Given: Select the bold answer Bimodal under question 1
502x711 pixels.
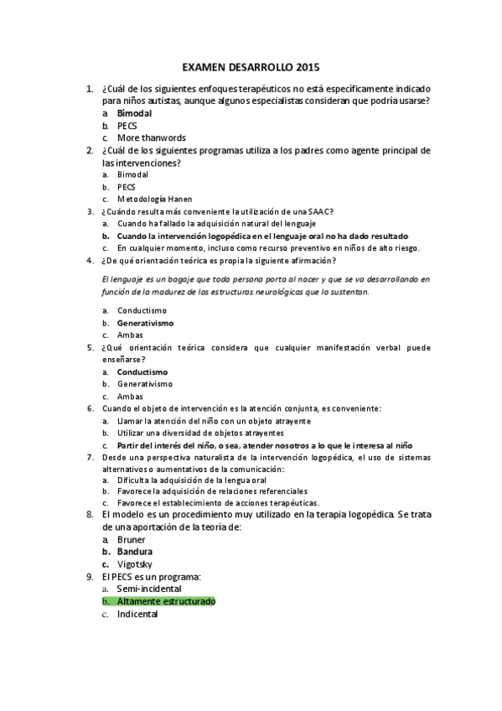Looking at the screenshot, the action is (x=135, y=112).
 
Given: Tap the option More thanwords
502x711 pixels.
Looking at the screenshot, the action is (x=151, y=138).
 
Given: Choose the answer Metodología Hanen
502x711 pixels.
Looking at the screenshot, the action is (x=154, y=200).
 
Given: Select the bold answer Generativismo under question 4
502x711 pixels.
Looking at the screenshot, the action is (x=145, y=323).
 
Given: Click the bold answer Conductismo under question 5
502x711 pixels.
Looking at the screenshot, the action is (x=142, y=371).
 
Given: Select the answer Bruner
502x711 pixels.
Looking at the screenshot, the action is (x=132, y=540).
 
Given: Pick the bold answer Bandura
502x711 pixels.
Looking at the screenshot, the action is (x=134, y=553).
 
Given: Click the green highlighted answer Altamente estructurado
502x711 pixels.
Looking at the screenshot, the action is (x=166, y=601).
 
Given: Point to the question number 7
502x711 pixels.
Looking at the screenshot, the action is (x=90, y=458).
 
